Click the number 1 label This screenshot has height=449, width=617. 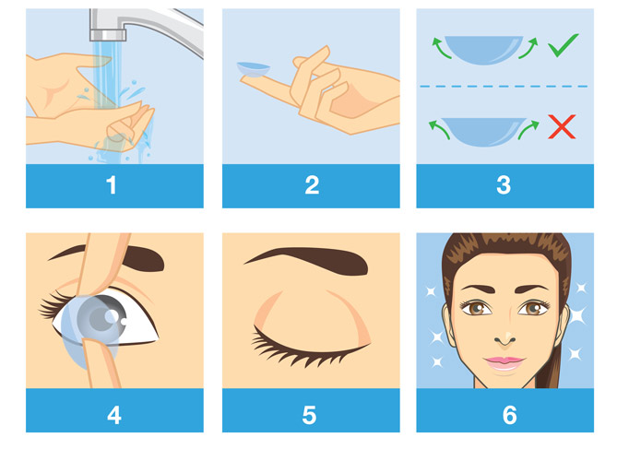pos(112,185)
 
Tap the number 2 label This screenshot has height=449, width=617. pos(312,185)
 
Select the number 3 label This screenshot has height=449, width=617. pos(504,185)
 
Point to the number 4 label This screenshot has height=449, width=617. pos(114,415)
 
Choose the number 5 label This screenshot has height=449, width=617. pos(309,415)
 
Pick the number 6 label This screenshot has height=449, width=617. pos(510,415)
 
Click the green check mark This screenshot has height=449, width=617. pos(563,45)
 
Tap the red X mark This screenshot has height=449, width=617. pos(562,126)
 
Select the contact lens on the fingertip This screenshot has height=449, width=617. pos(254,70)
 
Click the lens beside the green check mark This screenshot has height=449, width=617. pos(484,50)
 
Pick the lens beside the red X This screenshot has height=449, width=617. pos(483,132)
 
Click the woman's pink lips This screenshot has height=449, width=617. pos(504,363)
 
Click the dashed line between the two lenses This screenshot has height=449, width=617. pos(504,86)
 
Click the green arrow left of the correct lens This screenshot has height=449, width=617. pos(440,47)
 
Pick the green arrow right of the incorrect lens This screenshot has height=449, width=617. pos(528,130)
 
